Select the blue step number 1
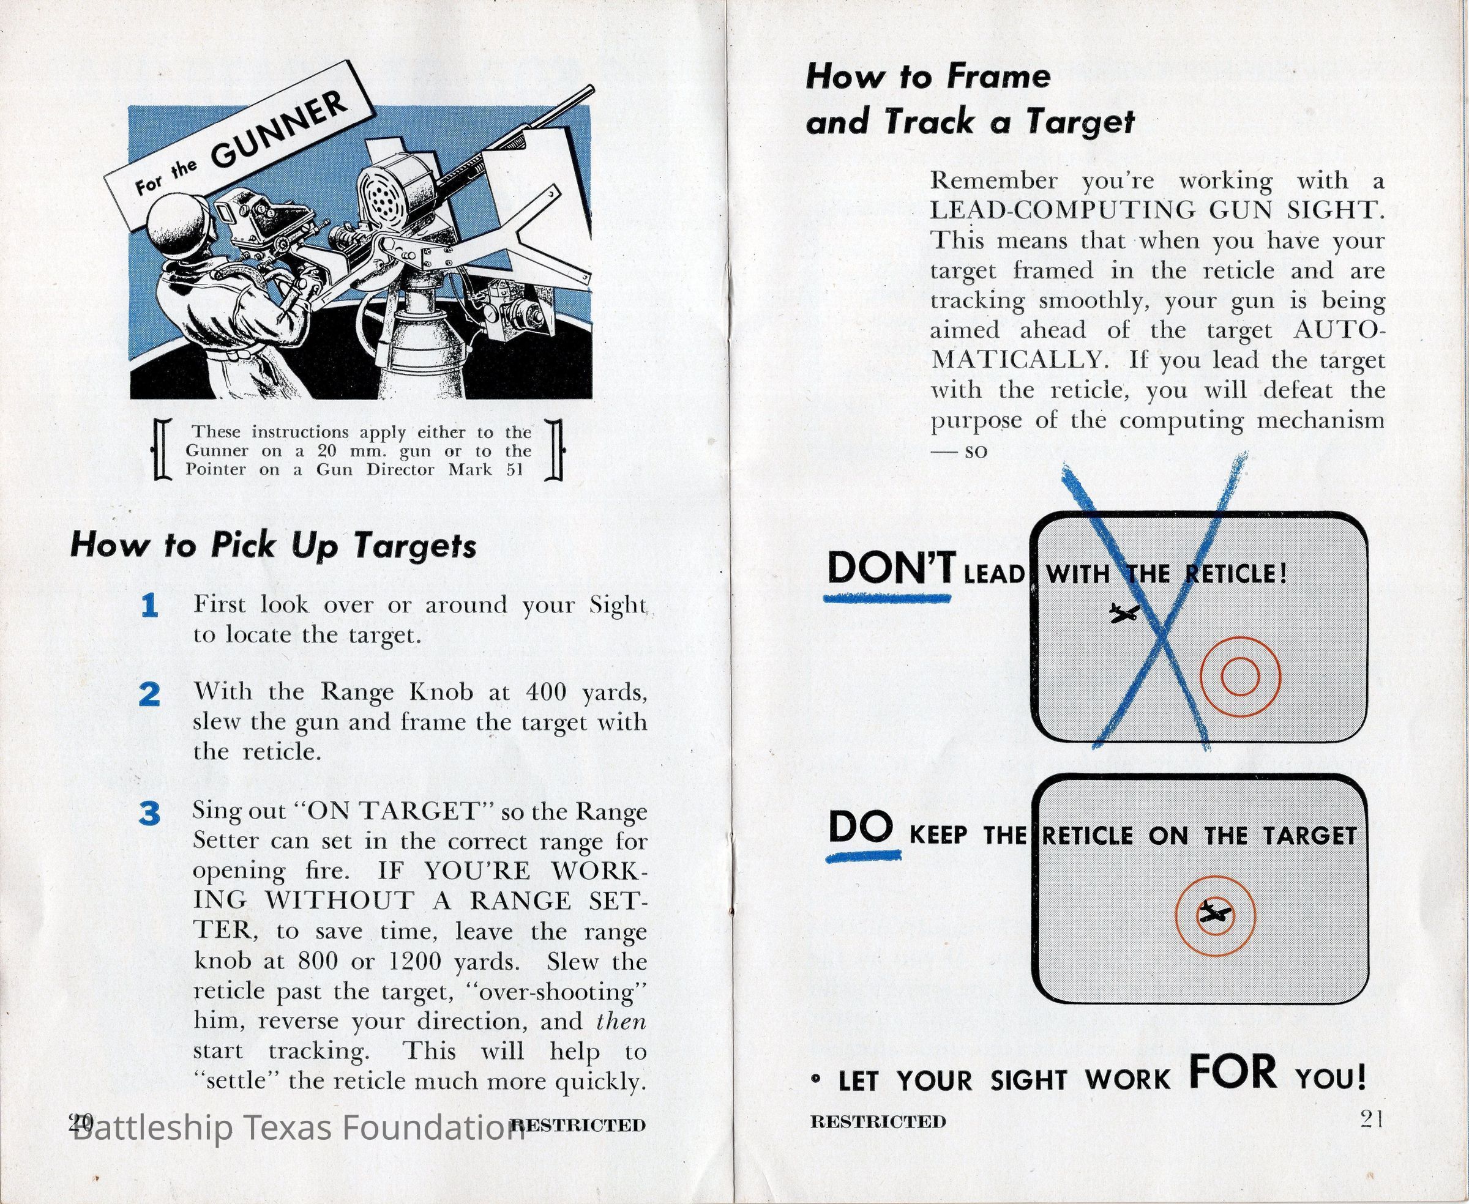pos(149,606)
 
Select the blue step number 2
pos(150,694)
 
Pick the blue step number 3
pos(150,814)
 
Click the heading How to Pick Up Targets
pos(274,546)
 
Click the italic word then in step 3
pos(621,1021)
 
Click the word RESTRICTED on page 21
pos(878,1121)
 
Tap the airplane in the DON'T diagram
pos(1125,613)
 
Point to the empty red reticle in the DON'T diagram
pos(1240,677)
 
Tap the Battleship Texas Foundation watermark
pos(298,1127)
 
